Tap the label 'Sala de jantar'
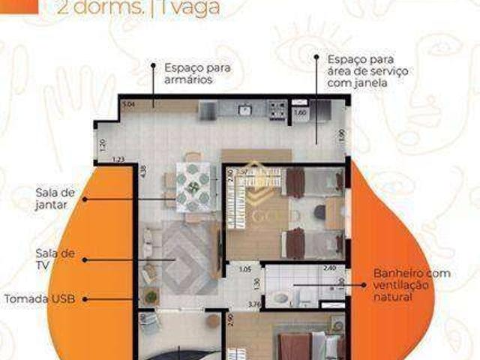52,198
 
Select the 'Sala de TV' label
52,258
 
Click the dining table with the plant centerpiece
193,187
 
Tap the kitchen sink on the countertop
244,110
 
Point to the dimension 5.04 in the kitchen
128,105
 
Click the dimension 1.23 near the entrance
118,159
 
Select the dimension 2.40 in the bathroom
328,268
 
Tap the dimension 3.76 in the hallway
253,304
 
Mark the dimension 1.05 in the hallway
244,268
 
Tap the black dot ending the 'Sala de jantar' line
85,199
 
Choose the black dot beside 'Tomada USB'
85,298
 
